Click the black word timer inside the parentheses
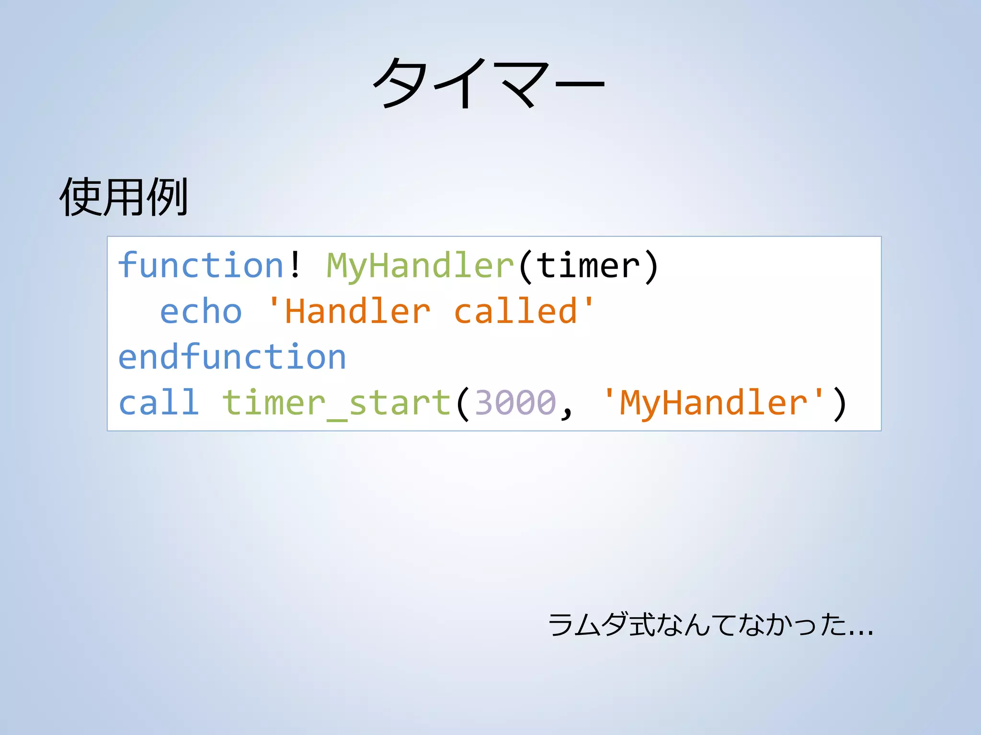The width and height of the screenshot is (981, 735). (x=588, y=265)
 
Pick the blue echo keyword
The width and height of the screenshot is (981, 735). (x=201, y=312)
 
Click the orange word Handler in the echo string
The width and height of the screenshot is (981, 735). (x=357, y=312)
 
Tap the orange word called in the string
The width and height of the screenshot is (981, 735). (x=515, y=311)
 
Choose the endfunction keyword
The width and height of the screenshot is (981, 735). (x=232, y=357)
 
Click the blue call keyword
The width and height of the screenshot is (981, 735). (x=159, y=402)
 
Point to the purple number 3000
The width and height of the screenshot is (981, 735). (x=515, y=402)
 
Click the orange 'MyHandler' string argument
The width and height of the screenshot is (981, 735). (x=714, y=402)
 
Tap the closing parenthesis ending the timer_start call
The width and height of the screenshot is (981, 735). (x=840, y=403)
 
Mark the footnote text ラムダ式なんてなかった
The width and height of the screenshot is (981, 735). (x=697, y=625)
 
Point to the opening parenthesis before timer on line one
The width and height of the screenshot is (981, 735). (x=525, y=266)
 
